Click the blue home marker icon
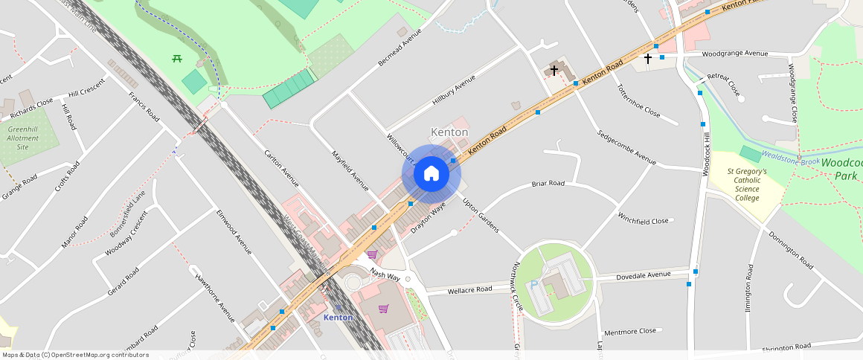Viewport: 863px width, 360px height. point(431,174)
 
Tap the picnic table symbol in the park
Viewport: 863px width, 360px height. point(177,59)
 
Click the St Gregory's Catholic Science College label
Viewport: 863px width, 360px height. point(745,185)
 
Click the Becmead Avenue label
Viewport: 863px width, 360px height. point(400,47)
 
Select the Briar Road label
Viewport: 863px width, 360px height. point(548,183)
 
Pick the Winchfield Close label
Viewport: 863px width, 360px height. point(643,221)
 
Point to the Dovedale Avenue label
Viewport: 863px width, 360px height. point(644,275)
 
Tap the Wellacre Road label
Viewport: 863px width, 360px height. point(469,289)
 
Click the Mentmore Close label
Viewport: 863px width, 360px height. point(630,331)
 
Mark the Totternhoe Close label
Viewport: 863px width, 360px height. point(638,102)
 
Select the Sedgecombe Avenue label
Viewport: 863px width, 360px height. point(626,147)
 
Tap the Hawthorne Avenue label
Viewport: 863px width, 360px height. point(215,298)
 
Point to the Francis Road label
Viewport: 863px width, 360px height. point(144,107)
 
